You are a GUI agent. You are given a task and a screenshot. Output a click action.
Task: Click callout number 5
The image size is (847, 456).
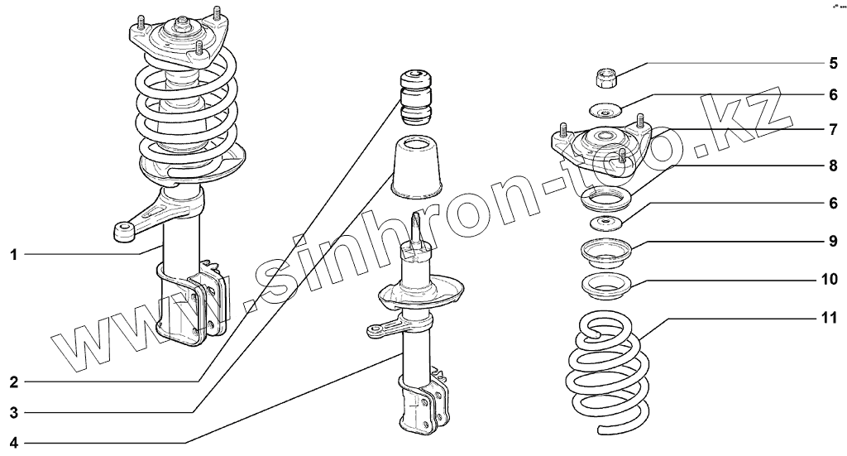(834, 63)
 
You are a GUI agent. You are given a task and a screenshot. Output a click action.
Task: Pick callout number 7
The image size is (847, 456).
(834, 130)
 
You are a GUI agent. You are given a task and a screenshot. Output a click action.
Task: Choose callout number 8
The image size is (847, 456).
(834, 166)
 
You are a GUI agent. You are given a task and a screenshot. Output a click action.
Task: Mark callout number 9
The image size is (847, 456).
(834, 242)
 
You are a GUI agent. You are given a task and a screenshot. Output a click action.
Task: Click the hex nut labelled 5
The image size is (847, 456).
(606, 79)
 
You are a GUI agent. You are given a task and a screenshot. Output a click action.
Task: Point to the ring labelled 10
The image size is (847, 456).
(607, 288)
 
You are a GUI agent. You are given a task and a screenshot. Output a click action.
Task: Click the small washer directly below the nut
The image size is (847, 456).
(606, 110)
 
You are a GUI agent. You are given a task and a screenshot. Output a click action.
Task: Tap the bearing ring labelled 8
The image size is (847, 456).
(606, 199)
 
